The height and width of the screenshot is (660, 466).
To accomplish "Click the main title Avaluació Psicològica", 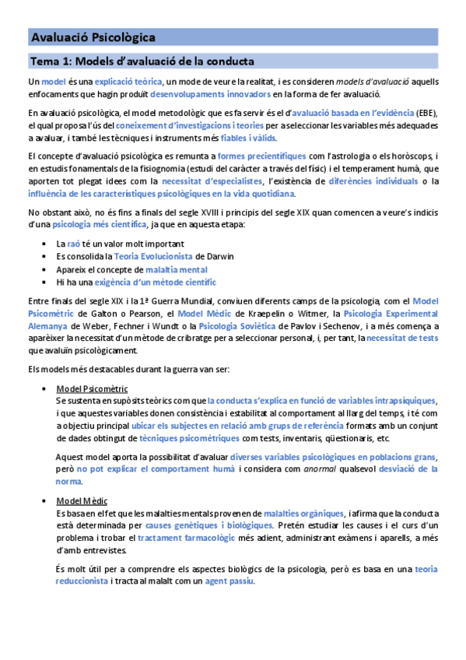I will (93, 37).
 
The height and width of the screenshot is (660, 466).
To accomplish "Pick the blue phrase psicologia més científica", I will (99, 225).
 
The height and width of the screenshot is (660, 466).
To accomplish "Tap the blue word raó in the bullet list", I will (74, 244).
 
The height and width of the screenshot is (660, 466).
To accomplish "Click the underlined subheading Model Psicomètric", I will (93, 388).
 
